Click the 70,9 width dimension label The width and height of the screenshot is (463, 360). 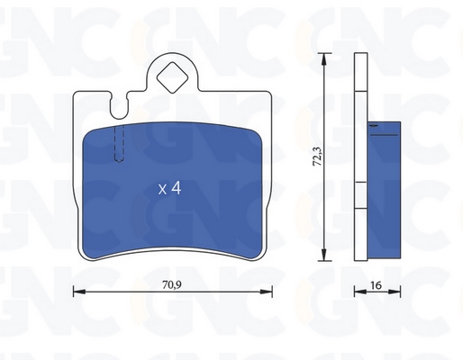tap(172, 284)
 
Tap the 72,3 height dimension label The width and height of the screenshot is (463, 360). tap(317, 157)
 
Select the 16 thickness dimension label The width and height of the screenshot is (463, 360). tap(376, 285)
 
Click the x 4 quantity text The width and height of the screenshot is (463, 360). tap(169, 189)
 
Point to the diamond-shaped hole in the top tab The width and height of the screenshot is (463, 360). tap(172, 77)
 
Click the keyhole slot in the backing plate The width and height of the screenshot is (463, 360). tap(119, 105)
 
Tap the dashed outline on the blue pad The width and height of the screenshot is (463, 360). tap(119, 144)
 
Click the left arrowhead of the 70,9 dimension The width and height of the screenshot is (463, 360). tap(79, 292)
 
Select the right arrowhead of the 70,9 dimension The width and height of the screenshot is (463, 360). tap(266, 292)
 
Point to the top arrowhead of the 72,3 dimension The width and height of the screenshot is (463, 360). tap(323, 59)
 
